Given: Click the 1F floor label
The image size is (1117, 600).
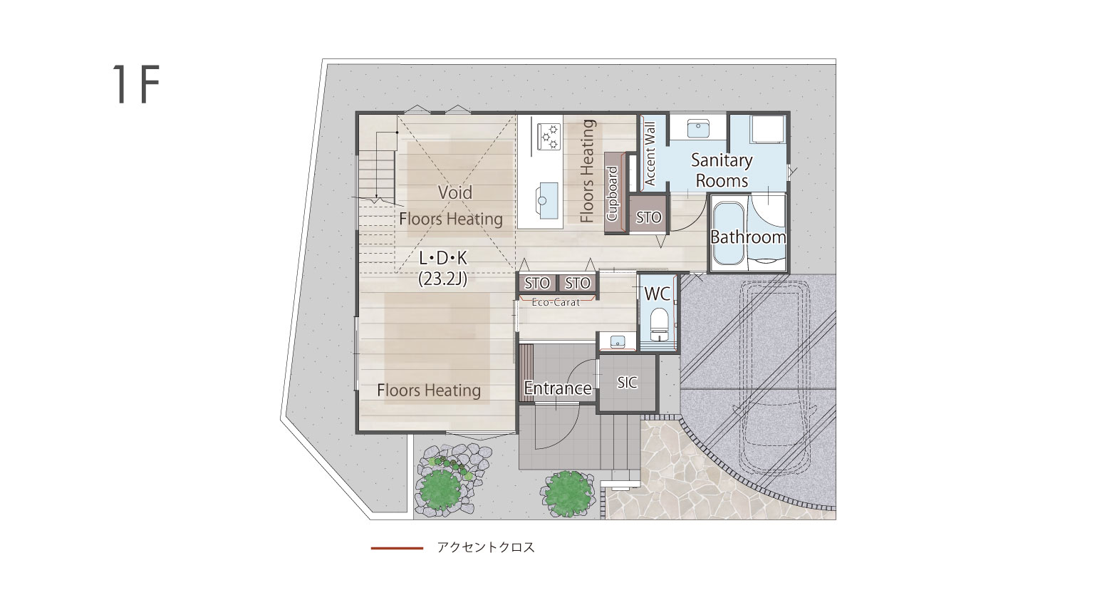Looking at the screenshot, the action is [135, 84].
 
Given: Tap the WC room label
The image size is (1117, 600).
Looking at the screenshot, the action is [658, 294].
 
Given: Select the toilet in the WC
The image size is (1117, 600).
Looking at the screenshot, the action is [659, 324].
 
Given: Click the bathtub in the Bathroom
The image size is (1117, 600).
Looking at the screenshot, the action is [729, 233].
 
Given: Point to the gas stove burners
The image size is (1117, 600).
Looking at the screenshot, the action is [549, 137].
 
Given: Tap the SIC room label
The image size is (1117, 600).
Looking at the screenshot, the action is [627, 383].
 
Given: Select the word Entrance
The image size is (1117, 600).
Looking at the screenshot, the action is [558, 388].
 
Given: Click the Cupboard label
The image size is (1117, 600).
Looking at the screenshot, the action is [613, 194].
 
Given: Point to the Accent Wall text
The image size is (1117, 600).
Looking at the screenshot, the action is [650, 154].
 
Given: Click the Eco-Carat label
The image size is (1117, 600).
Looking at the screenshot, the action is [556, 302].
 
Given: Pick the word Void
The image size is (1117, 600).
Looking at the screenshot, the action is [454, 192].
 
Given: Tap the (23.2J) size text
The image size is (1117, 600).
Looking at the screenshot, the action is [443, 279].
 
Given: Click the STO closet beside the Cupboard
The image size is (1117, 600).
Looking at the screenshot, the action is [648, 215].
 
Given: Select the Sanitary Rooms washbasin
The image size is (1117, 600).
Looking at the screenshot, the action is [698, 128].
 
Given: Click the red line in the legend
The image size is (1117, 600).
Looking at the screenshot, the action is [397, 548].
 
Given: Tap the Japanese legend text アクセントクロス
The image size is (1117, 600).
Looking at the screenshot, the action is [486, 547].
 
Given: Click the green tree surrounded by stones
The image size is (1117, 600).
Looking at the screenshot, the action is [440, 489].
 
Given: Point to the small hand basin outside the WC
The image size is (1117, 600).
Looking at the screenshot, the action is [618, 341].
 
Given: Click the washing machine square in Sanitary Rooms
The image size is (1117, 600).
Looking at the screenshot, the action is [769, 130].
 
